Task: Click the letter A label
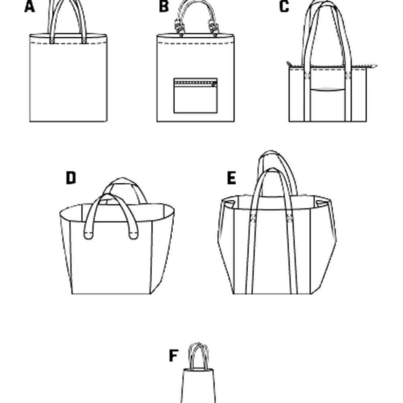(30, 6)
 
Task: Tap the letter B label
(164, 6)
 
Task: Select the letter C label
(284, 6)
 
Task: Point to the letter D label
(71, 178)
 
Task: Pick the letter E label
(232, 178)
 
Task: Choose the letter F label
(174, 356)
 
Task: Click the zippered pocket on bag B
(195, 96)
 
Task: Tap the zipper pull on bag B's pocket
(214, 84)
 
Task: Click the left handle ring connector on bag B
(179, 27)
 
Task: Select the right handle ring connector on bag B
(214, 27)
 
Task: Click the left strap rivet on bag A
(52, 41)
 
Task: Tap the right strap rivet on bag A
(84, 41)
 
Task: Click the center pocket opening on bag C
(328, 90)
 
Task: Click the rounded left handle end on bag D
(88, 235)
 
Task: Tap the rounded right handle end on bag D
(133, 235)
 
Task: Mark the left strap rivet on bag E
(253, 218)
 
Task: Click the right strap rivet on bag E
(289, 218)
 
